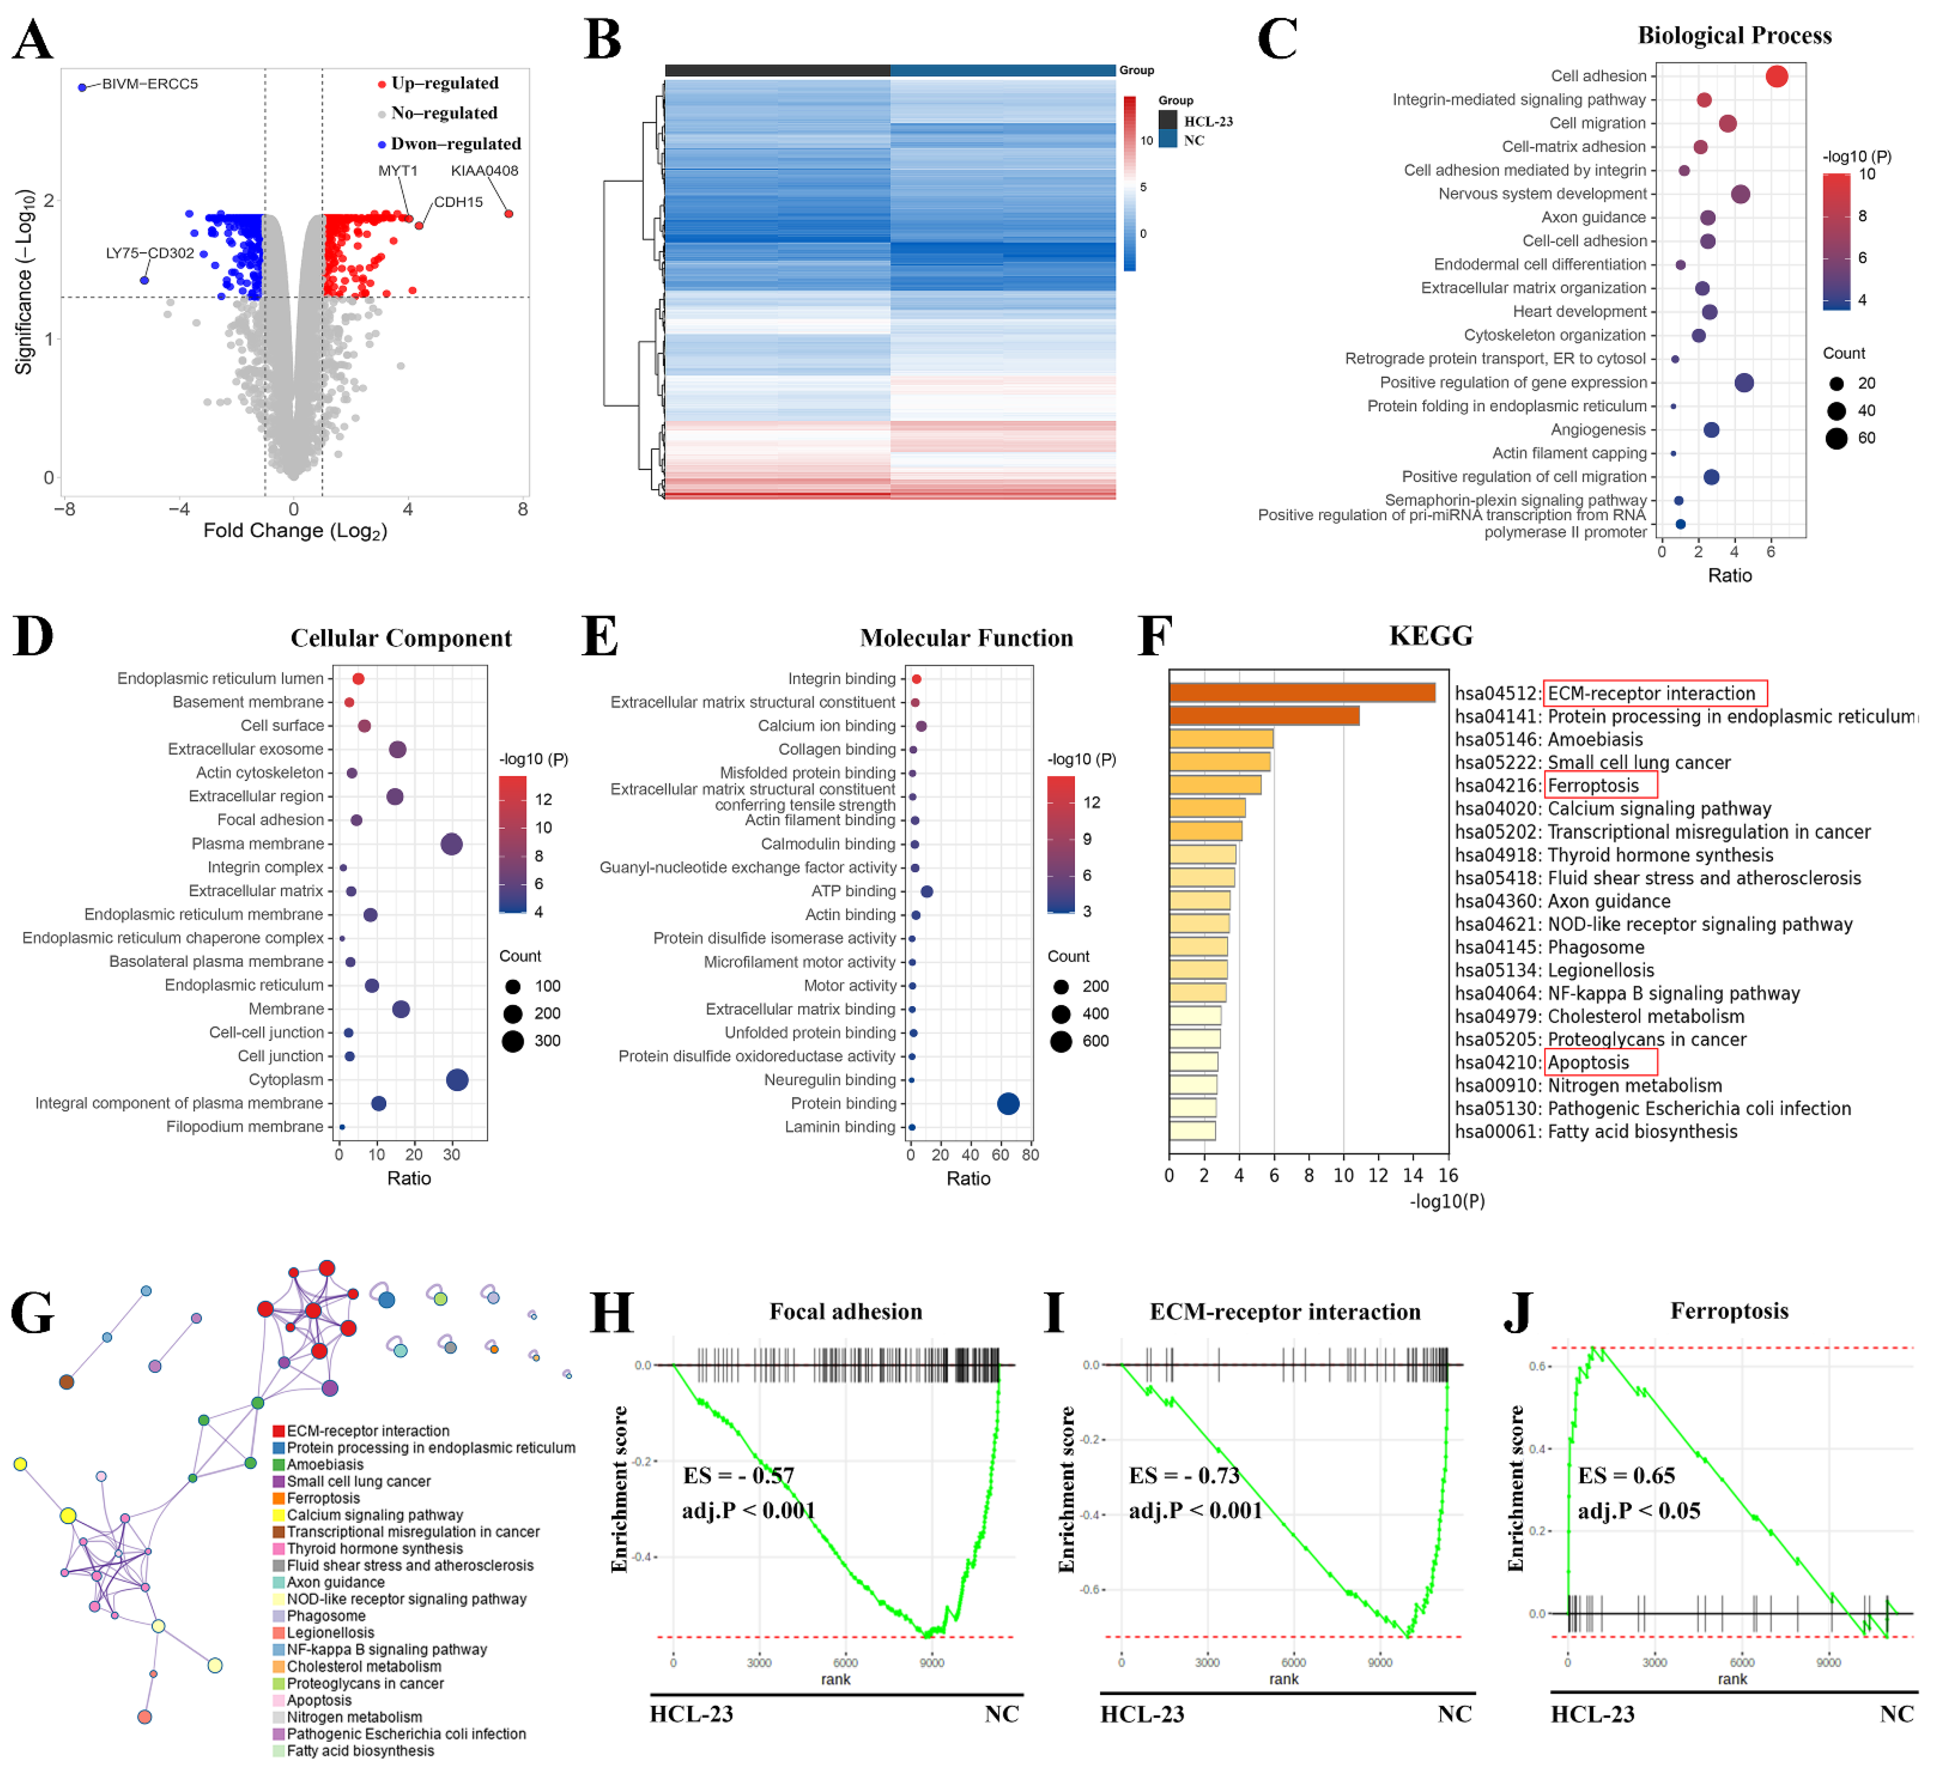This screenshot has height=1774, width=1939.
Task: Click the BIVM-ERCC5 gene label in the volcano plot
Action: click(150, 84)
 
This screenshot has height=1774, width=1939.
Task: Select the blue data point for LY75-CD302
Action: click(144, 281)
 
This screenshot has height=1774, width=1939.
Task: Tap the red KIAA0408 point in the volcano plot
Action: click(509, 213)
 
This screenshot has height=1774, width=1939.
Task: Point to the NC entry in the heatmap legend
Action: click(1193, 140)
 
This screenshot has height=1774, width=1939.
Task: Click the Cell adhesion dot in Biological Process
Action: click(1777, 76)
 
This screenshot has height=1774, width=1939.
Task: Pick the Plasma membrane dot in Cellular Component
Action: click(451, 844)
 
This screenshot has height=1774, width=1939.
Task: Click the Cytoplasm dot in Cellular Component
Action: click(457, 1080)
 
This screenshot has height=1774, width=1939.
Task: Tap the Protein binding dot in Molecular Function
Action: click(1008, 1104)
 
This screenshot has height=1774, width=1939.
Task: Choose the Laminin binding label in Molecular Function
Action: click(840, 1127)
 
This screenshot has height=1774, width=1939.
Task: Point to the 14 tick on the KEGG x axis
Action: click(1413, 1175)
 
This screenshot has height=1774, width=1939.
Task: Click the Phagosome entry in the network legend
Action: click(326, 1616)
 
